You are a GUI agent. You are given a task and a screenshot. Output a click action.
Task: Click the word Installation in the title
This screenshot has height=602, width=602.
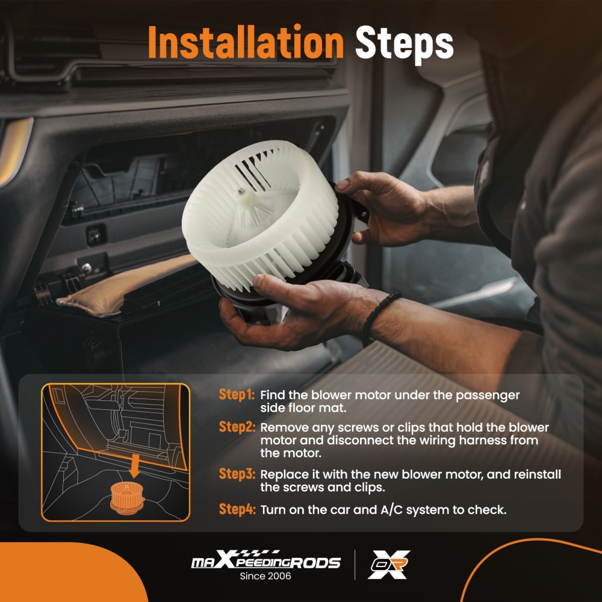246,42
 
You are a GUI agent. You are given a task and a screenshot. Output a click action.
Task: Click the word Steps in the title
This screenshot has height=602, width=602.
405,44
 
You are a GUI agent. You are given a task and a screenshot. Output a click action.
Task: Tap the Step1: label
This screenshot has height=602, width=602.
237,395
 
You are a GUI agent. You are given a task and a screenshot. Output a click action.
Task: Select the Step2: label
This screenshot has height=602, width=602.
237,427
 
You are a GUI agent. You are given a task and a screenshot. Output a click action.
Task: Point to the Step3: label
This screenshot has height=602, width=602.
237,474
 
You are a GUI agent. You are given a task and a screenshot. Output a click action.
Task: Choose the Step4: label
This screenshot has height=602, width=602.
237,509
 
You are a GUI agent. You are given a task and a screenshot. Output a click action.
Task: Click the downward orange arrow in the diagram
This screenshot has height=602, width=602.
134,466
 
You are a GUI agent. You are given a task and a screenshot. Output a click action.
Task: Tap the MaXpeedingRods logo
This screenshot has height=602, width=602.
265,560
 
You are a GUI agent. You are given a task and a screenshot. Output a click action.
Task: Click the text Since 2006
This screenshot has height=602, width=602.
265,576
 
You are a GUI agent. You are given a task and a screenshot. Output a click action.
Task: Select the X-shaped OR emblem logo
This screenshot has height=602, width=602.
388,565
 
